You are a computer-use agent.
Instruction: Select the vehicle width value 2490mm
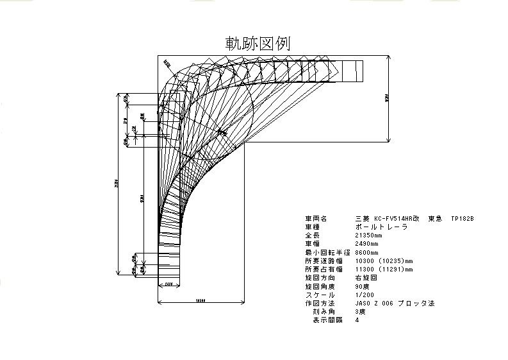366,244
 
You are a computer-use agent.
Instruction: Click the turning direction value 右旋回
366,278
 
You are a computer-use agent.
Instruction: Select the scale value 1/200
363,295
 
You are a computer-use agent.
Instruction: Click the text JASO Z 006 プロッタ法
390,303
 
